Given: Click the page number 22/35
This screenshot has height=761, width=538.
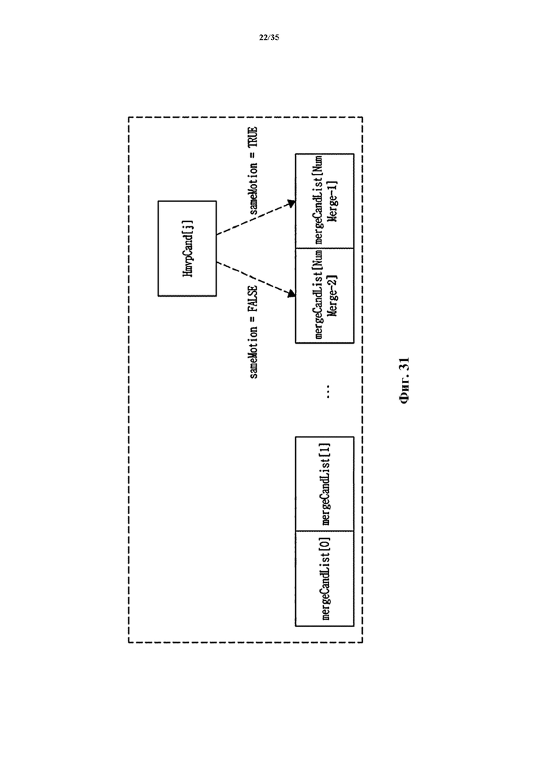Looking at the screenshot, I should [269, 38].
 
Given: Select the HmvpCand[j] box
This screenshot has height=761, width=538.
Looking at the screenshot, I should [187, 248].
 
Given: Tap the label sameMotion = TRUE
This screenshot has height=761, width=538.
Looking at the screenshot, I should [253, 172].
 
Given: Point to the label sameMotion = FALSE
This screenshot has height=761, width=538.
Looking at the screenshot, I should [253, 332].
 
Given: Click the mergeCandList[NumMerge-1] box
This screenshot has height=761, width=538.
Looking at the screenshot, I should [324, 200].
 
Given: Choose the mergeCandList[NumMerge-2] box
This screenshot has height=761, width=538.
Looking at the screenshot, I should [324, 295].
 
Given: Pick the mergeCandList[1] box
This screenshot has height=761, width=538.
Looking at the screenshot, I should [324, 484].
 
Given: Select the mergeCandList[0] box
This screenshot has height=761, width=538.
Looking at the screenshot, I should [324, 579].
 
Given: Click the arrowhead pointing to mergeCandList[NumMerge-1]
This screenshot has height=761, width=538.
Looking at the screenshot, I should [290, 205].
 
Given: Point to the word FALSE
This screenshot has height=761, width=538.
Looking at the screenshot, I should [253, 299].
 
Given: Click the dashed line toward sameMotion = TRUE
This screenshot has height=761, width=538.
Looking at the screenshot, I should [252, 220].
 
